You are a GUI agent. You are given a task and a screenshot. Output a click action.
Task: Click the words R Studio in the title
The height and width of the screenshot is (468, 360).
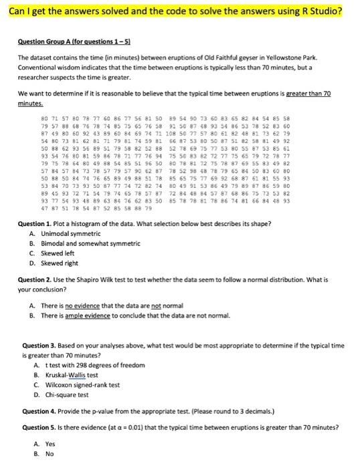click(x=317, y=12)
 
